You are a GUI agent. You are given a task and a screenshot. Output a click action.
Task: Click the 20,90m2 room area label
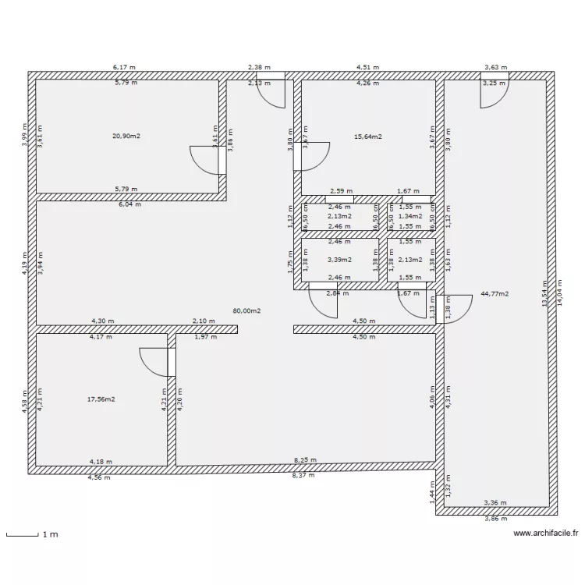126,136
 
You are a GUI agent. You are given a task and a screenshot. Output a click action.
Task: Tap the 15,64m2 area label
368,136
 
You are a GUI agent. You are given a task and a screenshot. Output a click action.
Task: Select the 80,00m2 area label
246,310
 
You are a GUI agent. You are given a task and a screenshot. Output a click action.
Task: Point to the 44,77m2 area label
495,294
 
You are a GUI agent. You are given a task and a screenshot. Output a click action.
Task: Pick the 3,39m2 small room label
339,260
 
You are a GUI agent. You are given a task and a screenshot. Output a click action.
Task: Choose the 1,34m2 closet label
410,216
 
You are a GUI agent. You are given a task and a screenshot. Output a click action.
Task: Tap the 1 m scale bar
32,535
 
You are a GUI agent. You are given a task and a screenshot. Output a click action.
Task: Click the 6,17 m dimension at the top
125,68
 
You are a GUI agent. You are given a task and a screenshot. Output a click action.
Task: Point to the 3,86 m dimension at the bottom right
496,519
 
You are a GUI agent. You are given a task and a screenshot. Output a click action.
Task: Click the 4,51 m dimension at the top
367,68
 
